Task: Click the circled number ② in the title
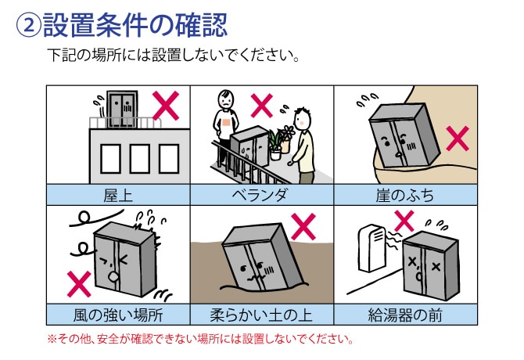click(28, 27)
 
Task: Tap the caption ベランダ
click(261, 194)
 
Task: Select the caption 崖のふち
click(405, 194)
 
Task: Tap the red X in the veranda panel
click(263, 105)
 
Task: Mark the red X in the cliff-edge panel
click(457, 139)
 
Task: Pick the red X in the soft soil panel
click(303, 227)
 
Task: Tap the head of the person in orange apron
click(226, 101)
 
